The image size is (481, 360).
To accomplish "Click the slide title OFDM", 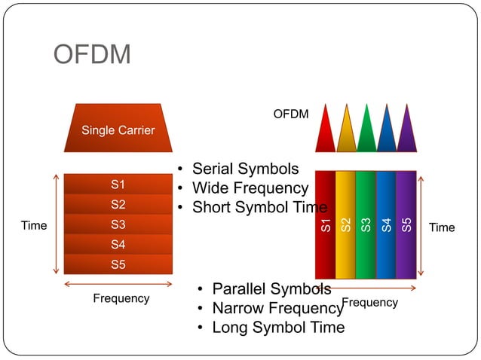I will pyautogui.click(x=92, y=54).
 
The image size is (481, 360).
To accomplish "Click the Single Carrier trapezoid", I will pyautogui.click(x=118, y=130).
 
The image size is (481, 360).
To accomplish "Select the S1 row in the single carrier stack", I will pyautogui.click(x=118, y=185).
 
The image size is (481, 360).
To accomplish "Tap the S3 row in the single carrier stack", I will pyautogui.click(x=118, y=224).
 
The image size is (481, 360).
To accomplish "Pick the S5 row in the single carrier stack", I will pyautogui.click(x=118, y=264).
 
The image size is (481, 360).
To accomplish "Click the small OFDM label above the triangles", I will pyautogui.click(x=290, y=114).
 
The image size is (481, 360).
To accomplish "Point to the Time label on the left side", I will pyautogui.click(x=33, y=225).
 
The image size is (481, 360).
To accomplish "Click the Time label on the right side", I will pyautogui.click(x=442, y=227).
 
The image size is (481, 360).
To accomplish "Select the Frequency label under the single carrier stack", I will pyautogui.click(x=121, y=298).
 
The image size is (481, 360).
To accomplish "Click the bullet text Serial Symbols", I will pyautogui.click(x=245, y=169).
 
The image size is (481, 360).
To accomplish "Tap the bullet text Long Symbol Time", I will pyautogui.click(x=277, y=328).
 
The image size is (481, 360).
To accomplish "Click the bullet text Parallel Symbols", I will pyautogui.click(x=271, y=289).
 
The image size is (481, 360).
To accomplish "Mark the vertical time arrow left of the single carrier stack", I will pyautogui.click(x=56, y=224).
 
